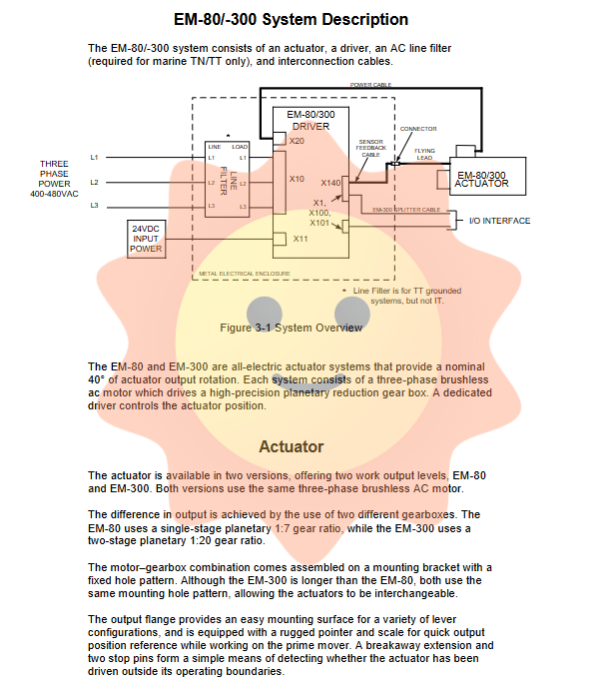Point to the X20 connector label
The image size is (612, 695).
[297, 142]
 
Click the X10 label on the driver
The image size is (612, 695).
[297, 179]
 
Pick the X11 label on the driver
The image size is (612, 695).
[301, 239]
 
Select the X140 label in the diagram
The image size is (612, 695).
[330, 183]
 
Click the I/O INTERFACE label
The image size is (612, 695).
[499, 221]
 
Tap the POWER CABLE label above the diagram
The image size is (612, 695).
[369, 85]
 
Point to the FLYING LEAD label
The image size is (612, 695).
[425, 154]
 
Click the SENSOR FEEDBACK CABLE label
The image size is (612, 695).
[370, 149]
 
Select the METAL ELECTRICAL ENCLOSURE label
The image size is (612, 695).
[244, 273]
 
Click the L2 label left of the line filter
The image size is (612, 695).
[95, 182]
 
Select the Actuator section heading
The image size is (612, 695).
[291, 446]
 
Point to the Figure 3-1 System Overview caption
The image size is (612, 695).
[291, 328]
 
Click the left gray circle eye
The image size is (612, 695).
[264, 314]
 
